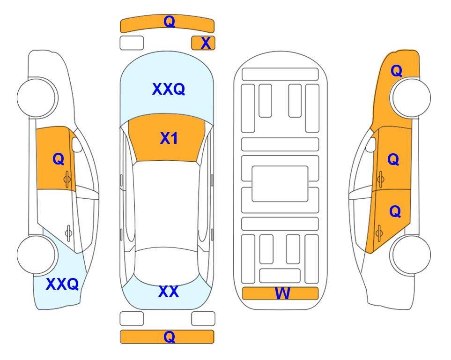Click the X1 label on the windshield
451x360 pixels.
[x=169, y=138]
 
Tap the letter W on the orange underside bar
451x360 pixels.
[x=282, y=293]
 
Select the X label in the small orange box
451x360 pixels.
[x=206, y=43]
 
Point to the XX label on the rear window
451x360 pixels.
[x=169, y=292]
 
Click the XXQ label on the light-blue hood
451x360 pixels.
[x=169, y=89]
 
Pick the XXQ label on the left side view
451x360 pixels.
[x=62, y=284]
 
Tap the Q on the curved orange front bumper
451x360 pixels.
[x=169, y=21]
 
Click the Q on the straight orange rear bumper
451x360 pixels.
[x=169, y=337]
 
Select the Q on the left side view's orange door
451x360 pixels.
[x=59, y=159]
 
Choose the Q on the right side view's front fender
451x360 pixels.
[x=396, y=71]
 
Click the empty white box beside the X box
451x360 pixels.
[x=132, y=43]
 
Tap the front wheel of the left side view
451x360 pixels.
[x=37, y=97]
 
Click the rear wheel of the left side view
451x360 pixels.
[x=37, y=255]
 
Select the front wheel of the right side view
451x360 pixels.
[x=411, y=97]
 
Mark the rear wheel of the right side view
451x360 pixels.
[x=411, y=255]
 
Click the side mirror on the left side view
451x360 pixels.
[x=77, y=144]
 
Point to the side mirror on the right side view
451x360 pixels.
[x=371, y=144]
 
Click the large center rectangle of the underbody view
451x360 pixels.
[x=280, y=184]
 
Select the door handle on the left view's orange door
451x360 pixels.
[x=67, y=179]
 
